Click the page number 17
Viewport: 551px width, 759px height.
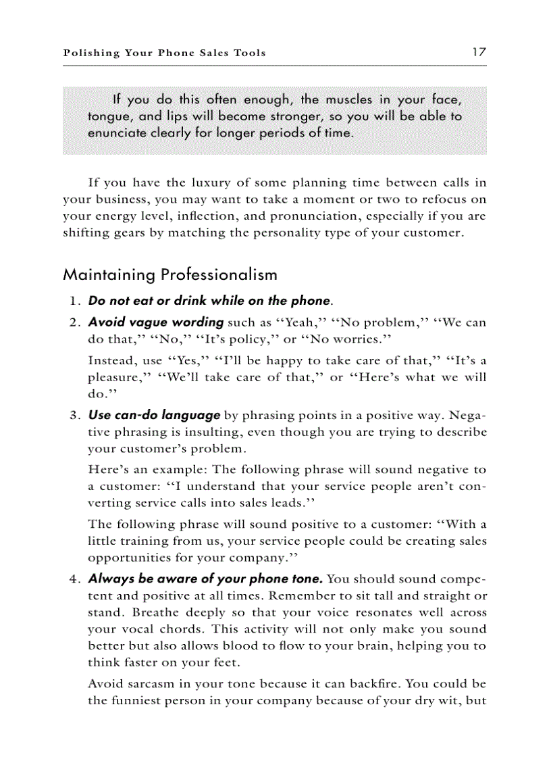point(479,52)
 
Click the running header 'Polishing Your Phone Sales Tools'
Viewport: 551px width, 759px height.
point(164,53)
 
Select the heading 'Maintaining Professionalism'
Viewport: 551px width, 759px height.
point(170,274)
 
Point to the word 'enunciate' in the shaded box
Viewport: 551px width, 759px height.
point(115,132)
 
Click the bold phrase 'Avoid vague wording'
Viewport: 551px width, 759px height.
point(156,322)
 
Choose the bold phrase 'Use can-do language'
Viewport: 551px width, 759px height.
point(154,415)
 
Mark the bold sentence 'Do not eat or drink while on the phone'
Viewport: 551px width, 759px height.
point(209,301)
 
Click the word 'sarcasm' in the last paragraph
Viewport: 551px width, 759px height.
point(148,684)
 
